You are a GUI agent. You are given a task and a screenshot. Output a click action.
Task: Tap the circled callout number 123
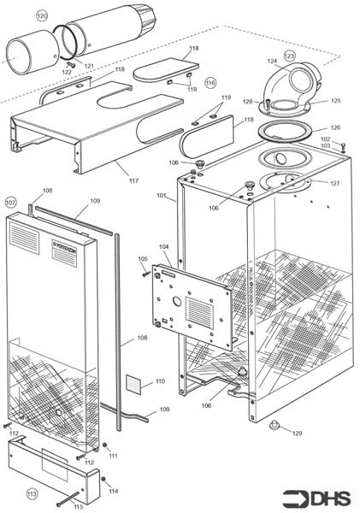289,56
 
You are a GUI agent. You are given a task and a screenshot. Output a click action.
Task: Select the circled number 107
11,203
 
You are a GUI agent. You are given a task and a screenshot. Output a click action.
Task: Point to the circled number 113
32,494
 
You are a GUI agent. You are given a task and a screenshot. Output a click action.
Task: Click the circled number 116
210,83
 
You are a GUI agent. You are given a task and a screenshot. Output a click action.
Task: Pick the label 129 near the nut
297,433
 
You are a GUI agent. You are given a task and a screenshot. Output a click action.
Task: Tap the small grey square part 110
135,382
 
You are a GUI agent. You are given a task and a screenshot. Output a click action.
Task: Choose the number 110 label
159,381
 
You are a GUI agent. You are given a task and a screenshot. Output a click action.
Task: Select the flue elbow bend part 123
291,90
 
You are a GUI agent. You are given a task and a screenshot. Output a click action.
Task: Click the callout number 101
160,196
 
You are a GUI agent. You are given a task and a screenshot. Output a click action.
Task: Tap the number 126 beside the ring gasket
335,127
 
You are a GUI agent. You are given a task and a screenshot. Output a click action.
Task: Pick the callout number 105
143,258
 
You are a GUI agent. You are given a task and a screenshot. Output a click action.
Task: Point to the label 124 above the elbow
272,61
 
